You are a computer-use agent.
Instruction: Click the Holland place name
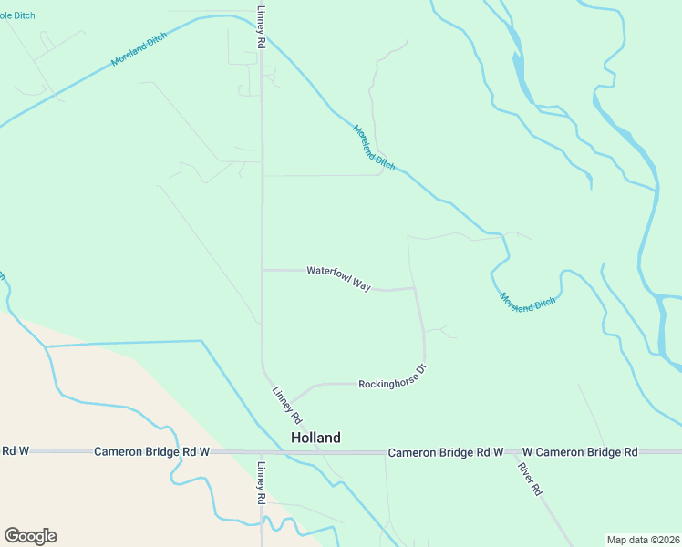[315, 438]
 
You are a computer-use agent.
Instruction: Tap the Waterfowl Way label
[338, 277]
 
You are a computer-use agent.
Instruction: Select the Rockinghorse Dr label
[393, 378]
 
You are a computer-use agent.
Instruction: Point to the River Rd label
[530, 479]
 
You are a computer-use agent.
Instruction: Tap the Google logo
[30, 536]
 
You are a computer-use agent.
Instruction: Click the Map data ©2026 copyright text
[643, 540]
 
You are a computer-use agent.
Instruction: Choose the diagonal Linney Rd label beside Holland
[287, 406]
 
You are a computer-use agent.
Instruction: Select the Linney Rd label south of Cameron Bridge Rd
[261, 483]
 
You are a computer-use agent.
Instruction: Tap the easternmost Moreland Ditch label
[527, 303]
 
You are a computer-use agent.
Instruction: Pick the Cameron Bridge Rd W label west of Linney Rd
[152, 452]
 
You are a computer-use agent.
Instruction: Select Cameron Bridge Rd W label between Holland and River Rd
[446, 452]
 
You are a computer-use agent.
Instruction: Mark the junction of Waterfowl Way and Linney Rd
[263, 270]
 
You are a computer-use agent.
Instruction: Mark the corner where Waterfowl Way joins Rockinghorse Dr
[416, 289]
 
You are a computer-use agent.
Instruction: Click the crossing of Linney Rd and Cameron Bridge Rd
[262, 452]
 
